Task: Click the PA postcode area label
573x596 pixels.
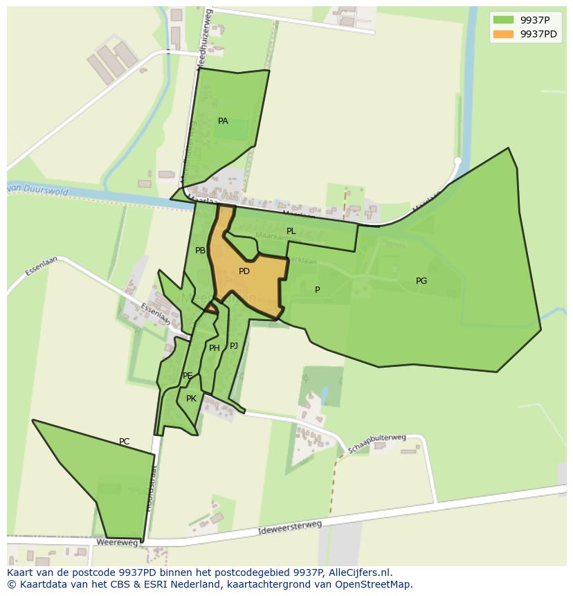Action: pos(223,121)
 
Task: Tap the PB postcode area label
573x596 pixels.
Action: pos(200,251)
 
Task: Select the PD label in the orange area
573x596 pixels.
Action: pos(244,271)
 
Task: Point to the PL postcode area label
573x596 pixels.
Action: pos(291,231)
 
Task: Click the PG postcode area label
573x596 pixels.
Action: pos(421,280)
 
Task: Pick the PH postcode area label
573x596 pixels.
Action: pos(214,348)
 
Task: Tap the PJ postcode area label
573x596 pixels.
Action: pos(234,345)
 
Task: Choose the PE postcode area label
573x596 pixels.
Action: pos(188,376)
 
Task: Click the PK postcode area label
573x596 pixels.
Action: pos(192,399)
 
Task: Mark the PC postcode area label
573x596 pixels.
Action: pos(124,442)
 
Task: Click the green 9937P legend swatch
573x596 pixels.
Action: pos(504,20)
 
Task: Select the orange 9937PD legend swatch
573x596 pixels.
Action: pos(504,34)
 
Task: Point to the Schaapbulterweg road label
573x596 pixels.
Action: pos(377,443)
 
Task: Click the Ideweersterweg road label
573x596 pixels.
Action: pos(289,529)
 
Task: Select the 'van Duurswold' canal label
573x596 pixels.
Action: pos(38,189)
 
